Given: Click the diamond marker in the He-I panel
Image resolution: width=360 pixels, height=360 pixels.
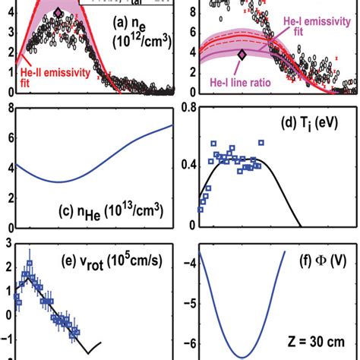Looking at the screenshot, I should pos(242,54).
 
